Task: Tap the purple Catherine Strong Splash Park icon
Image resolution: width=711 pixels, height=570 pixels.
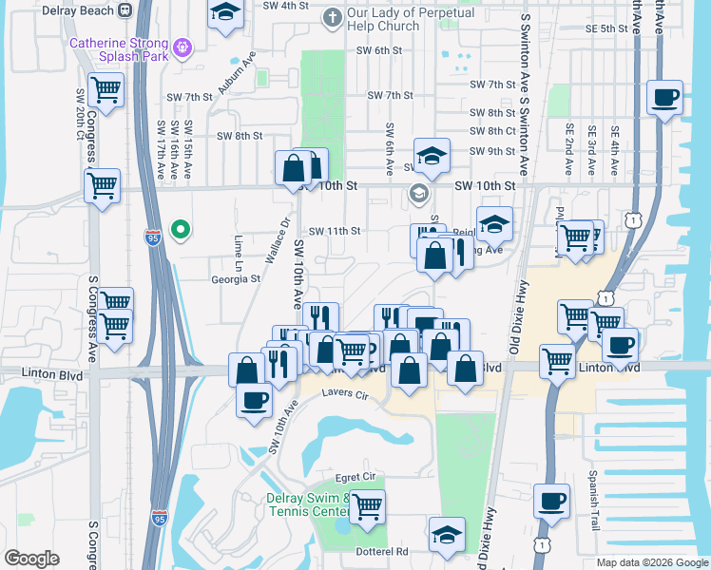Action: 183,46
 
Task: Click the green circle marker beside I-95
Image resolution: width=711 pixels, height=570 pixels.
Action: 179,229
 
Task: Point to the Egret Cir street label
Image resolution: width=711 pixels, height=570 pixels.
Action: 357,477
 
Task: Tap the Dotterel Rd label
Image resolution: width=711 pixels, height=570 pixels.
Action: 383,551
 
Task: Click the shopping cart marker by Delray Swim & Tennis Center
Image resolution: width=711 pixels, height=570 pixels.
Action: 366,505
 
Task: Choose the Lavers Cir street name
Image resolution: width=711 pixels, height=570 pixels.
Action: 344,392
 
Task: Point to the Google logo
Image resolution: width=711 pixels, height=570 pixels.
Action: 30,559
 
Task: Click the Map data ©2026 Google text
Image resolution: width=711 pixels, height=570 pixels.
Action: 651,561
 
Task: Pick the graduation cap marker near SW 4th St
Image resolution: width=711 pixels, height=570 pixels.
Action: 225,13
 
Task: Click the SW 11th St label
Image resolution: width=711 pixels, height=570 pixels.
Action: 335,231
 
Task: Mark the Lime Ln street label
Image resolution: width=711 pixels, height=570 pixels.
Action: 239,253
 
